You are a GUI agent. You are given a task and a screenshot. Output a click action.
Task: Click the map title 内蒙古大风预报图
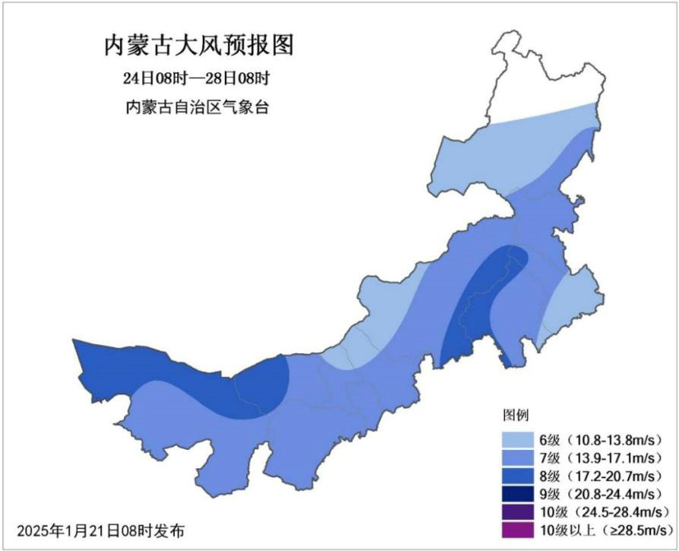198,46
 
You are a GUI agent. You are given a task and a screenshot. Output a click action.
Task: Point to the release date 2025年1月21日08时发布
100,530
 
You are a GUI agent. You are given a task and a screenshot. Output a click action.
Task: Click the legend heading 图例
516,416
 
